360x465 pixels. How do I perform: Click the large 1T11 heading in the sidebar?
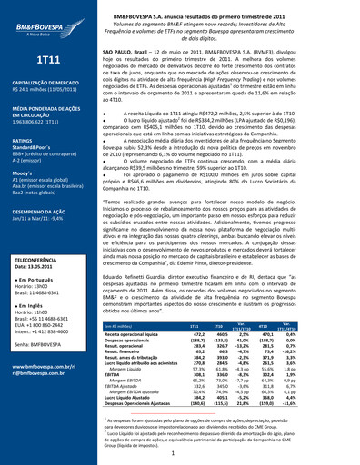pos(47,61)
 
